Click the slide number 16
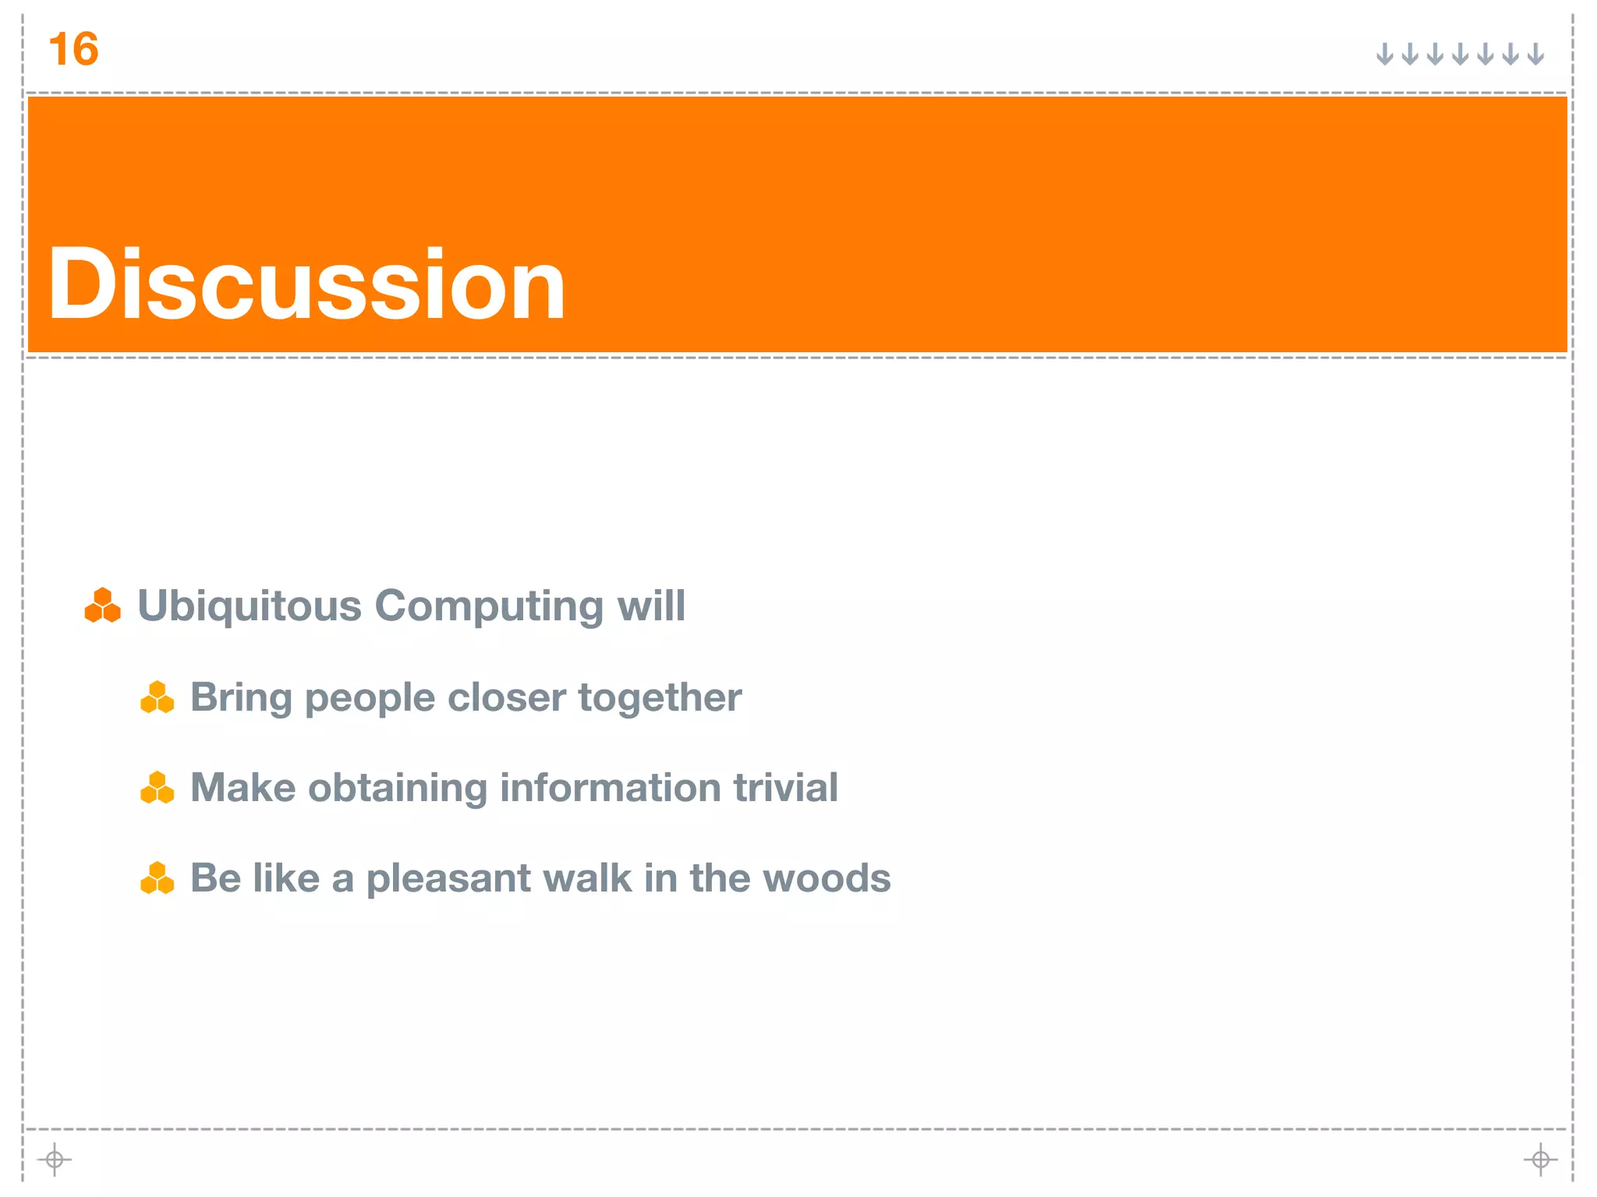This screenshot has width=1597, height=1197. pos(73,50)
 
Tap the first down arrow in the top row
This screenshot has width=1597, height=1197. pos(1384,55)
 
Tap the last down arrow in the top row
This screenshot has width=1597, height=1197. pos(1535,55)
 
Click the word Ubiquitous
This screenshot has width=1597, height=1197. pos(249,606)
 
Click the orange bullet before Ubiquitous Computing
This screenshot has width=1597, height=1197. pos(102,606)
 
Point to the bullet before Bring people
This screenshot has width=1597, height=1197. pos(157,697)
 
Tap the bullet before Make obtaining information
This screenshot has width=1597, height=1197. pos(157,787)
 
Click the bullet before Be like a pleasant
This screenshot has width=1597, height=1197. pos(157,877)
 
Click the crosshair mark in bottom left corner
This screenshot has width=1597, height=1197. pos(54,1160)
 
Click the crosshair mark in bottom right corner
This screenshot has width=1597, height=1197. pos(1540,1160)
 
